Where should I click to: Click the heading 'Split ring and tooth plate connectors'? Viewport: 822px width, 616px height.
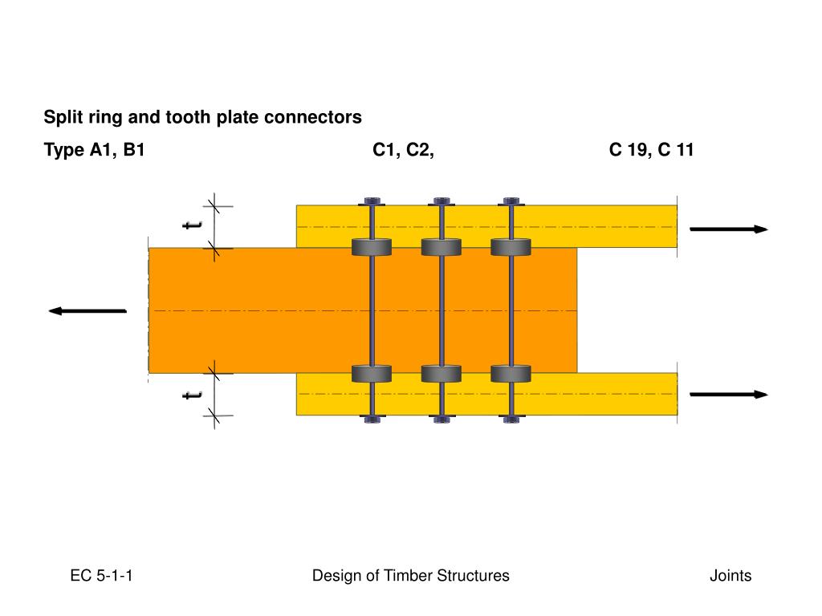click(x=202, y=117)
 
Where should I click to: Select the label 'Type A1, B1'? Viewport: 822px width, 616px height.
click(x=94, y=150)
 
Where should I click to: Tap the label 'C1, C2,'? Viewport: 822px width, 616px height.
click(x=403, y=150)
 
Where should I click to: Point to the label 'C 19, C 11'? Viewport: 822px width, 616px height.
click(x=651, y=150)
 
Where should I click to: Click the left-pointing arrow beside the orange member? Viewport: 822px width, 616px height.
click(x=87, y=310)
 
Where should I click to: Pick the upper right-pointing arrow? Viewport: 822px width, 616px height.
click(x=728, y=229)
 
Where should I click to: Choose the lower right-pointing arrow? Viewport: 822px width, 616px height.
click(x=728, y=395)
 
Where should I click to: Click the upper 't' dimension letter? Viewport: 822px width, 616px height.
click(x=192, y=225)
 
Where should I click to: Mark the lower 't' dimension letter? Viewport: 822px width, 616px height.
click(x=192, y=394)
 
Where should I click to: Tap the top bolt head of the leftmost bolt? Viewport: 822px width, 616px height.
click(x=371, y=201)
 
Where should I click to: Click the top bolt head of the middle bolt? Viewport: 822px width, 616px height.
click(x=441, y=201)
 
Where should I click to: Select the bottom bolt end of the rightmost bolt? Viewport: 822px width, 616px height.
click(x=511, y=418)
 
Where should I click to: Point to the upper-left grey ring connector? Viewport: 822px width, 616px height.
click(x=371, y=247)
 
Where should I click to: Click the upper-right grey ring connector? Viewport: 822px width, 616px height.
click(x=511, y=247)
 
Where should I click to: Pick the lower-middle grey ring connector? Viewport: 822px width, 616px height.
click(x=441, y=374)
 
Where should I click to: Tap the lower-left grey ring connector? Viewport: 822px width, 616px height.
click(x=371, y=374)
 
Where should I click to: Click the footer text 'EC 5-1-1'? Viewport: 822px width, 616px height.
click(x=101, y=576)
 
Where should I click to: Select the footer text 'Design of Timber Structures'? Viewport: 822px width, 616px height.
click(x=410, y=576)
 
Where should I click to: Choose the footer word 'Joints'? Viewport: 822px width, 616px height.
click(x=730, y=576)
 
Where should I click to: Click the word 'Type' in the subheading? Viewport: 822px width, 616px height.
click(x=63, y=151)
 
